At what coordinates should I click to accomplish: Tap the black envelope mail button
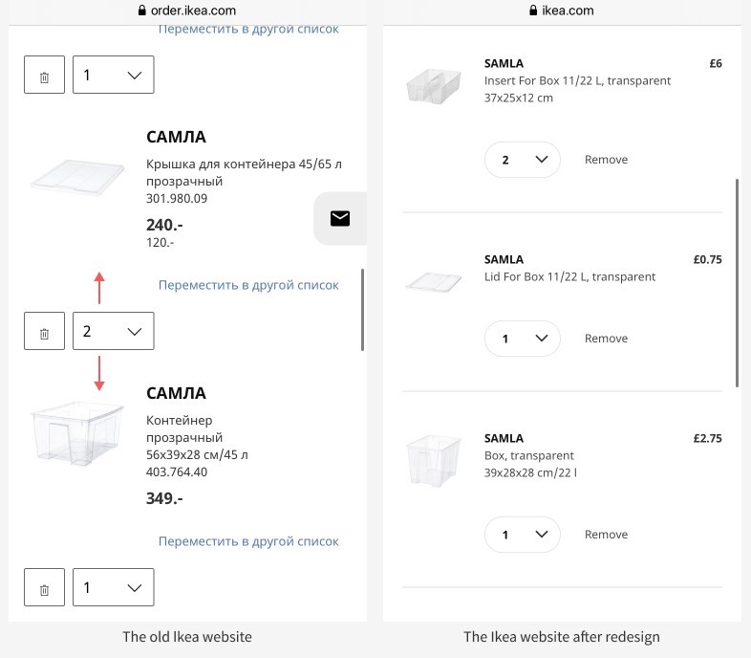[339, 219]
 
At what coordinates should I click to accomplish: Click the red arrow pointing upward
[99, 287]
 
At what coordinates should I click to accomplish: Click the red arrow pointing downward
[99, 373]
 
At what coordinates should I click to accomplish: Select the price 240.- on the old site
[164, 225]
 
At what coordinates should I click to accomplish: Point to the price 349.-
[164, 498]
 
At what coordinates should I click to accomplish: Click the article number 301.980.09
[177, 199]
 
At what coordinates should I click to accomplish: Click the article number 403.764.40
[177, 472]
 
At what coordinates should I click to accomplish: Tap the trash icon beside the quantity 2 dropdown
[44, 332]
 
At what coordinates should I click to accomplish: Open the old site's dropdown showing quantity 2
[113, 332]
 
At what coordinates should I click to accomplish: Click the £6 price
[715, 64]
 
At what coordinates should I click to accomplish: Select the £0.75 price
[707, 259]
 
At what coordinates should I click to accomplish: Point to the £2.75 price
[707, 439]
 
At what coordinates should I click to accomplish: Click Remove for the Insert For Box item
[606, 160]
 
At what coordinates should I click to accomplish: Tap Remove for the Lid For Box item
[606, 339]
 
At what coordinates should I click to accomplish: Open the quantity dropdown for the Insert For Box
[523, 160]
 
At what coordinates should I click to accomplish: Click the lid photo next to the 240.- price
[77, 178]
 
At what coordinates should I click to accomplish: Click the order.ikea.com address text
[194, 11]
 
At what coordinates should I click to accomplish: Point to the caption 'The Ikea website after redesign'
[561, 637]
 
